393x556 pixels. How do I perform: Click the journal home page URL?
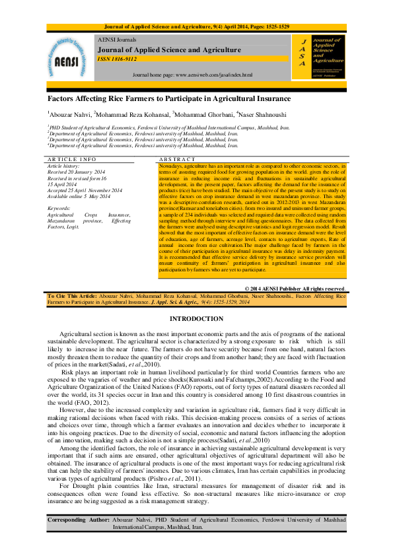coord(192,75)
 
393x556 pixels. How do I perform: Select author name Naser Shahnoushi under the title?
coord(264,115)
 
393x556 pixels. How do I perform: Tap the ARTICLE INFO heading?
coord(72,160)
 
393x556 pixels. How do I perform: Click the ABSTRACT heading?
coord(177,160)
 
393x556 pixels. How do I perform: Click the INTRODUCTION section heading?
coord(196,319)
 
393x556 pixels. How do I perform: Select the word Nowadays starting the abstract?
coord(170,166)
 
